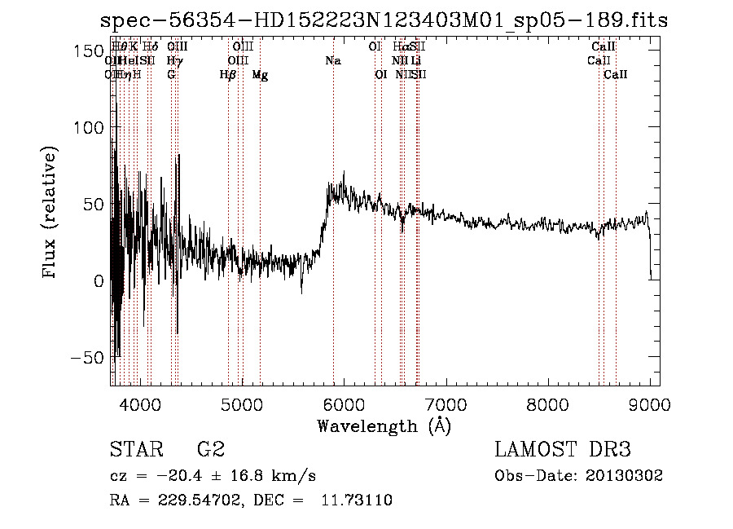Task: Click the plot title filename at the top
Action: coord(384,21)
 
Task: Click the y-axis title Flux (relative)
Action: coord(50,214)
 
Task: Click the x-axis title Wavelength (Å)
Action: coord(384,425)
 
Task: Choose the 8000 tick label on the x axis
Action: coord(547,403)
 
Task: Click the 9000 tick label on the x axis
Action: coord(649,403)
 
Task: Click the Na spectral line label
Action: coord(332,61)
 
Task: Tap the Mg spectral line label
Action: coord(260,75)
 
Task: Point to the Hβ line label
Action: coord(228,75)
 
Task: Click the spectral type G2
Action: coord(210,450)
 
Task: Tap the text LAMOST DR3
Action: coord(562,450)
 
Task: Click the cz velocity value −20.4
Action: coord(173,476)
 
